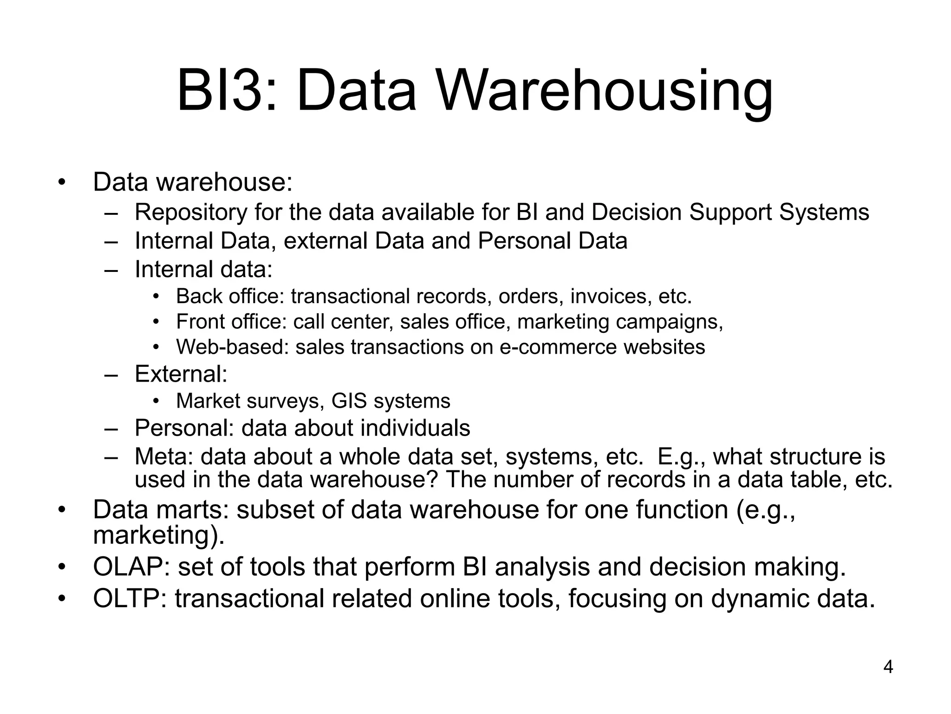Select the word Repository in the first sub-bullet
click(x=191, y=212)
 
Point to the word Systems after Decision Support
click(x=824, y=212)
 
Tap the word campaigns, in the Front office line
click(x=669, y=322)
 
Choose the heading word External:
click(x=181, y=374)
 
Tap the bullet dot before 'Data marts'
click(x=61, y=511)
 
